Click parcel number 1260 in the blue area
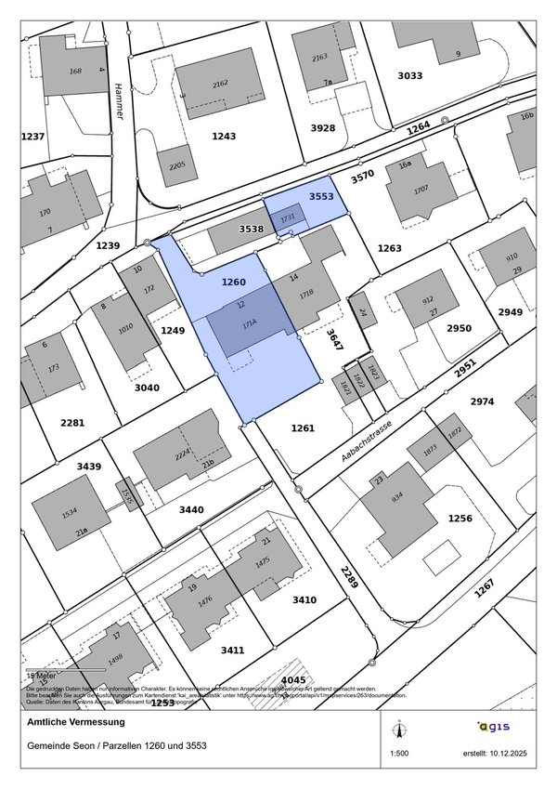tap(233, 282)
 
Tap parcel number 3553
tap(321, 197)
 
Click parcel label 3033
tap(409, 75)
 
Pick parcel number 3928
tap(322, 128)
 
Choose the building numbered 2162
tap(220, 84)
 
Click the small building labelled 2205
tap(176, 165)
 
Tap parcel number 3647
tap(334, 339)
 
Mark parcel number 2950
tap(459, 328)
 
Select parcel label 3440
tap(190, 509)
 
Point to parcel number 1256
tap(460, 518)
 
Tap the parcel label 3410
tap(304, 599)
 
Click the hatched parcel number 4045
tap(293, 680)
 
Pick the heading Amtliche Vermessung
tap(76, 722)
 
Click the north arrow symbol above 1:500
tap(398, 727)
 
